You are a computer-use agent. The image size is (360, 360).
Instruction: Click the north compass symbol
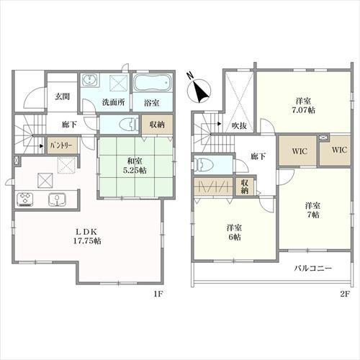(199, 91)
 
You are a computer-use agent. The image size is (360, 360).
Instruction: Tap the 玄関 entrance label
(63, 96)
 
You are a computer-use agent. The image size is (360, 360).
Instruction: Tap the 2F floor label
(344, 294)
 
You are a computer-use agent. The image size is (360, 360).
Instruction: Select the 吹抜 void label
(240, 126)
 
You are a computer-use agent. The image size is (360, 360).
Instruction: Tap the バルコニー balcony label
(313, 268)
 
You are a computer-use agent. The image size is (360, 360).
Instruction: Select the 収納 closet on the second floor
(245, 186)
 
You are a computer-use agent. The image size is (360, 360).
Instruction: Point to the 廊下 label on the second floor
(258, 156)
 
